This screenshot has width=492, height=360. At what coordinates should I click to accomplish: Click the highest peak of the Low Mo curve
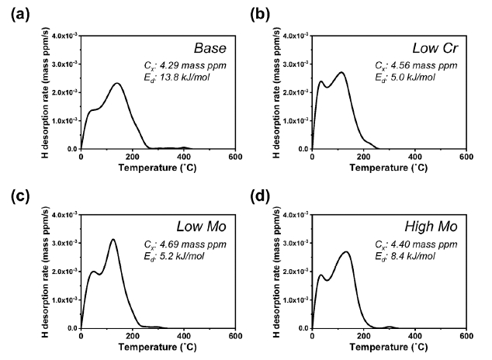(113, 240)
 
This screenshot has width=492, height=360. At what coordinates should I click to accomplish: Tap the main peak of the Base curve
(117, 83)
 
